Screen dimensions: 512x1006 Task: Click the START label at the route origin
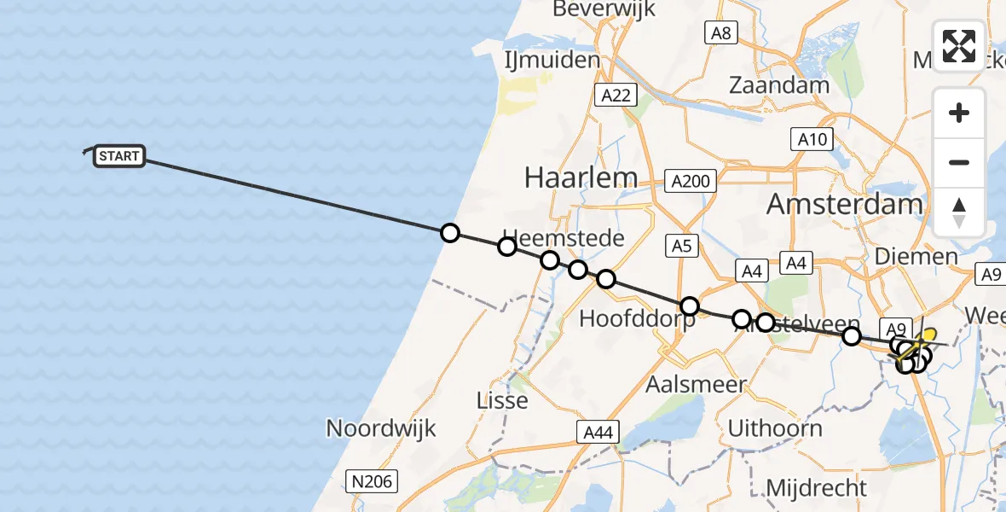[x=119, y=156]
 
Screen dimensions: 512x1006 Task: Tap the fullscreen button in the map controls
[x=959, y=46]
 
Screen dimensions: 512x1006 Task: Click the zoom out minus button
[x=959, y=162]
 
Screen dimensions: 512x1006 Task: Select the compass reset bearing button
[x=959, y=212]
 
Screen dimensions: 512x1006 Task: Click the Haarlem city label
[x=581, y=177]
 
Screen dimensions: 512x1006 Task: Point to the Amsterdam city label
[x=844, y=204]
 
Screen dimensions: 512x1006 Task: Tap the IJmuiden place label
[x=564, y=61]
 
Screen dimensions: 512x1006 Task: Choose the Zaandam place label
[x=779, y=85]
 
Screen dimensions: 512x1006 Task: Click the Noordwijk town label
[x=381, y=428]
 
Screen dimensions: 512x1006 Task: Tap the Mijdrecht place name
[x=816, y=488]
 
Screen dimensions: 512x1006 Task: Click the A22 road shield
[x=616, y=95]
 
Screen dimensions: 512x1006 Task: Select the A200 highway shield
[x=690, y=180]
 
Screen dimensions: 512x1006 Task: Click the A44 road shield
[x=596, y=433]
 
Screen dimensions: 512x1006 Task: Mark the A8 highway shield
[x=721, y=33]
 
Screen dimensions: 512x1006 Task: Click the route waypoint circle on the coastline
[x=449, y=233]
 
